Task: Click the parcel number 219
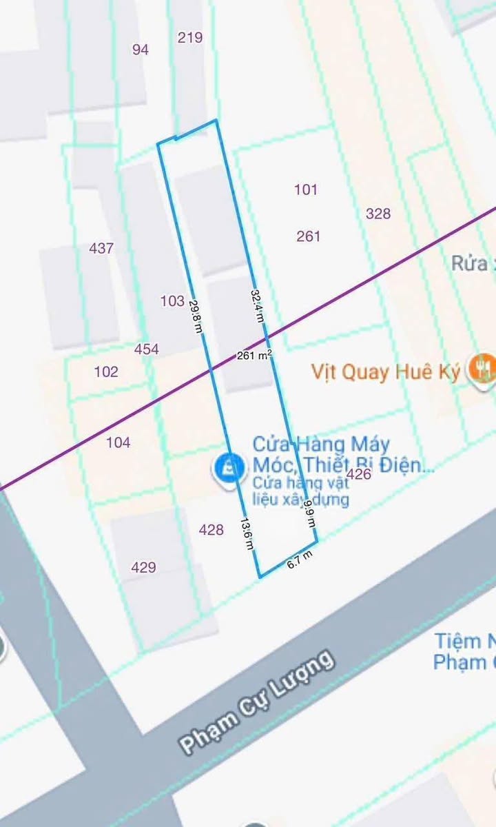coord(190,38)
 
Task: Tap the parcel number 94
coord(141,50)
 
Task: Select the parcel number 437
coord(101,249)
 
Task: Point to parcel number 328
coord(378,214)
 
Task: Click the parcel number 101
coord(306,190)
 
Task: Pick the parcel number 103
coord(172,301)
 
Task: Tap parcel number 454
coord(147,349)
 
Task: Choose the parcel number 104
coord(118,442)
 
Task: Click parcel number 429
coord(143,568)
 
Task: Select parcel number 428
coord(211,530)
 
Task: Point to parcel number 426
coord(359,474)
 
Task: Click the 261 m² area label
coord(254,356)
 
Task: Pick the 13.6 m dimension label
coord(247,533)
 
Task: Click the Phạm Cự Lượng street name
coord(257,701)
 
